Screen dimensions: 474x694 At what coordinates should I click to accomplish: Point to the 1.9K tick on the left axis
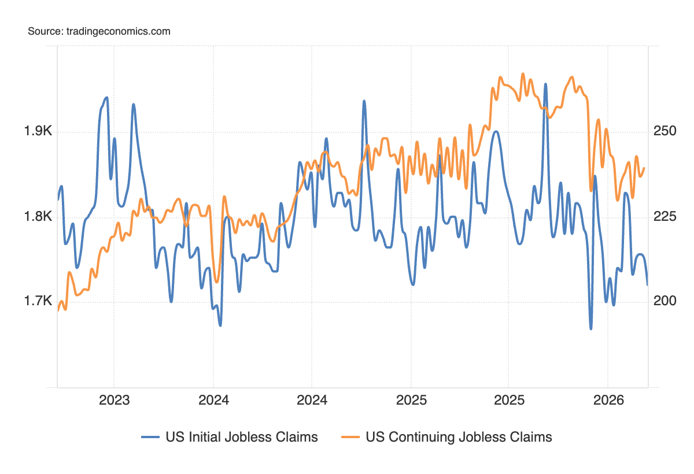tap(38, 132)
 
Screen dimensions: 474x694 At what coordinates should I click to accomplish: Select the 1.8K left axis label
tap(38, 217)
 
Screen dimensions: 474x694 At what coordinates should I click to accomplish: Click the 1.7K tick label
tap(38, 301)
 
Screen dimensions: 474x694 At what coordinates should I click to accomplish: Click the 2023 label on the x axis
tap(114, 400)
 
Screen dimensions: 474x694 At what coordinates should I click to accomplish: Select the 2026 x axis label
tap(608, 400)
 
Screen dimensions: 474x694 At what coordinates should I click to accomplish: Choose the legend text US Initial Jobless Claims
tap(242, 437)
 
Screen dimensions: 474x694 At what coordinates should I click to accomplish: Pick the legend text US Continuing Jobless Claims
tap(459, 437)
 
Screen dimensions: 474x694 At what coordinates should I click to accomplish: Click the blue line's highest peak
tap(545, 84)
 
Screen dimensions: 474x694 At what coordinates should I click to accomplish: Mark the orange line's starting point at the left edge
tap(58, 310)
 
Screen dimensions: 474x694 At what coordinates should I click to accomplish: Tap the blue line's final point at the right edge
tap(647, 284)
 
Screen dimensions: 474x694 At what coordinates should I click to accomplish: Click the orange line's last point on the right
tap(644, 168)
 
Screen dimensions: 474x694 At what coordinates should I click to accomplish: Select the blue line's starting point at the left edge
tap(58, 199)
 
